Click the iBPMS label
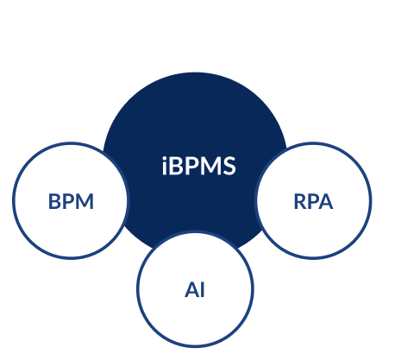tap(199, 166)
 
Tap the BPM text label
tap(71, 201)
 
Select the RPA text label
tap(313, 201)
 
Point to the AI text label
tap(195, 289)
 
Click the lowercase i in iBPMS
tap(165, 166)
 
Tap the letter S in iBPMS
tap(229, 166)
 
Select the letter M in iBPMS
tap(210, 167)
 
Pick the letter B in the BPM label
tap(54, 201)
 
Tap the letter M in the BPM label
tap(85, 201)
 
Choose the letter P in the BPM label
tap(68, 201)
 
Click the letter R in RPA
tap(300, 201)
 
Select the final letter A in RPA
tap(326, 201)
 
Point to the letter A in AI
tap(191, 289)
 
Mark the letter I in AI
tap(203, 289)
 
